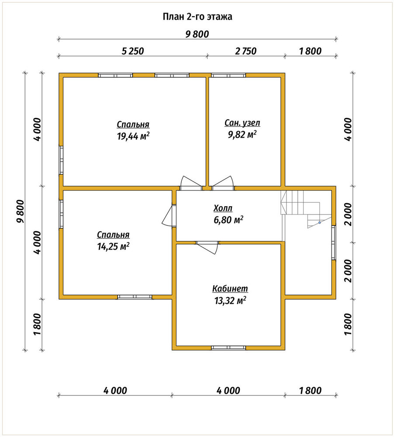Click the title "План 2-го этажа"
(x=197, y=17)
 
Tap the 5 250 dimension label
(x=133, y=51)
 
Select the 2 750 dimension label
(x=245, y=51)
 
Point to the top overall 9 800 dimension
(x=197, y=34)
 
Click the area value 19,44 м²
(x=133, y=136)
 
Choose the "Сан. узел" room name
(x=242, y=123)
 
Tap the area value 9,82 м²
(x=242, y=135)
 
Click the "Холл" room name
(x=223, y=208)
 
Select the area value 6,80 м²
(x=228, y=220)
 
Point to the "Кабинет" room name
(x=230, y=288)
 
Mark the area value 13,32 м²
(x=230, y=301)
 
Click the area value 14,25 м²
(x=113, y=246)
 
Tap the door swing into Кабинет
(x=207, y=247)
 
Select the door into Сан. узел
(x=222, y=183)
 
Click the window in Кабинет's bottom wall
(x=228, y=347)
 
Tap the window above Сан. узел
(x=228, y=75)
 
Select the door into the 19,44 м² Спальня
(x=191, y=183)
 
